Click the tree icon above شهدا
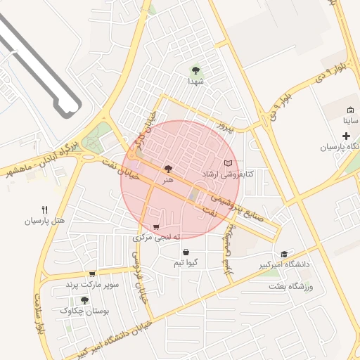point(195,70)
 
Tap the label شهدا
point(195,82)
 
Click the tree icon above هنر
point(167,169)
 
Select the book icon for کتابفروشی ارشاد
point(226,163)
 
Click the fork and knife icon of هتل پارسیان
point(45,210)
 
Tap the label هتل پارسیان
point(45,221)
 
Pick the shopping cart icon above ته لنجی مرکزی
point(156,227)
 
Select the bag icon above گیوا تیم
point(186,252)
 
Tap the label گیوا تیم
point(186,262)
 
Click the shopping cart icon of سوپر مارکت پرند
point(92,274)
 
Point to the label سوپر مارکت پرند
point(92,285)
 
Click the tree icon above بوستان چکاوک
point(85,300)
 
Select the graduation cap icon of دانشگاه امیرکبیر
point(284,254)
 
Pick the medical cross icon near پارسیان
point(346,135)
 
